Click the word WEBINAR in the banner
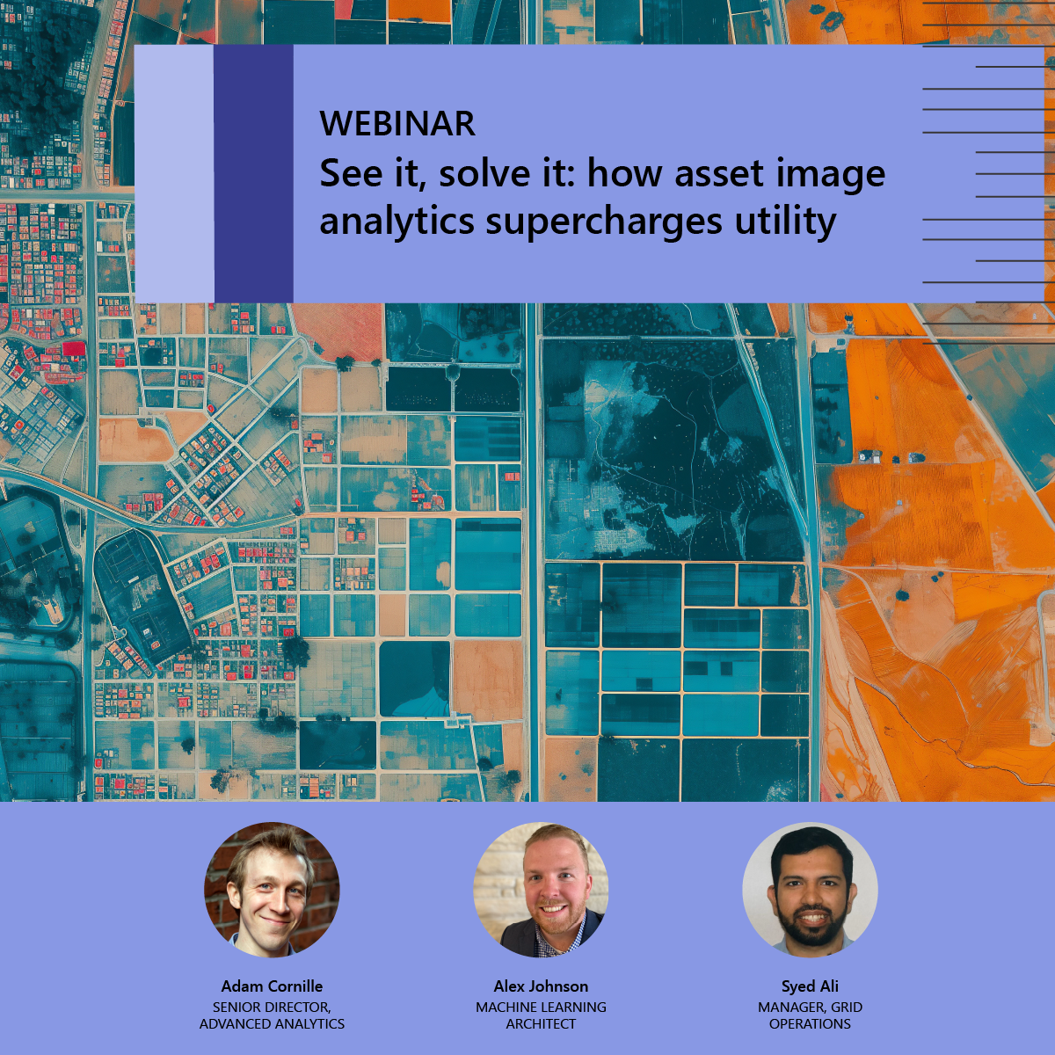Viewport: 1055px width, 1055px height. [x=397, y=123]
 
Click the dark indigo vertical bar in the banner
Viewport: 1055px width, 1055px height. [x=253, y=173]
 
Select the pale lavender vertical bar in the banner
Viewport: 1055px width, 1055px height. [x=174, y=173]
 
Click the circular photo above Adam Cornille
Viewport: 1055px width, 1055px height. [x=272, y=890]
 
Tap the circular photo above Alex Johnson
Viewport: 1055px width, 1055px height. [x=541, y=890]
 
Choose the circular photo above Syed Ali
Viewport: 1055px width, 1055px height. [x=811, y=890]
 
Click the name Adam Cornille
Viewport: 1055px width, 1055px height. [x=272, y=986]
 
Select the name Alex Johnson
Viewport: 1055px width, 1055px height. [x=541, y=986]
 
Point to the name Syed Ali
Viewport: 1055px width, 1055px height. [x=811, y=987]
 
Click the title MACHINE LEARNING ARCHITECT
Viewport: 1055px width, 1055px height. [x=541, y=1015]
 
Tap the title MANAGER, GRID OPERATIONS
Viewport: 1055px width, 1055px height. [x=811, y=1015]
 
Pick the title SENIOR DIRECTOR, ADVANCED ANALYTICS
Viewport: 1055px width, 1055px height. [x=272, y=1015]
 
